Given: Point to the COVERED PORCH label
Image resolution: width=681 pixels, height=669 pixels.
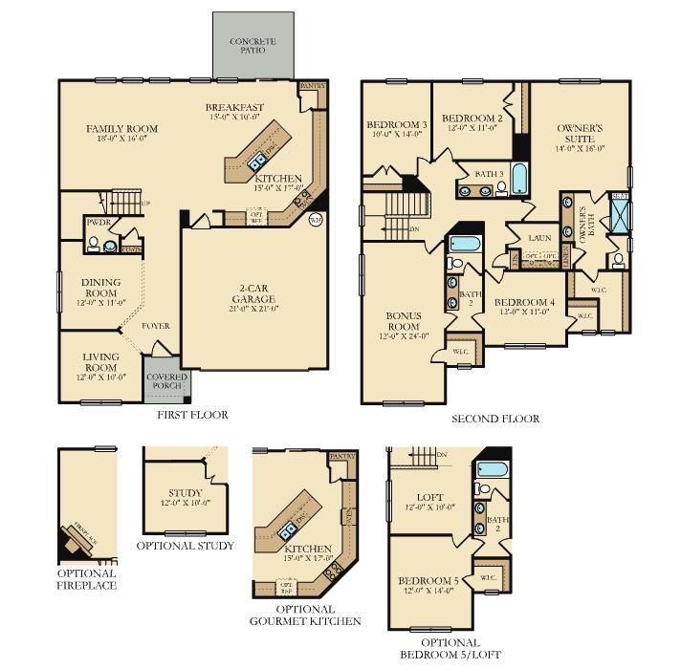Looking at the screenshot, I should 166,381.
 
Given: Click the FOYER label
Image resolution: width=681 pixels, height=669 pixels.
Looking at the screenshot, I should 156,326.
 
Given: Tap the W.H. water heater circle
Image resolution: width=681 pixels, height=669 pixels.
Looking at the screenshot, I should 316,221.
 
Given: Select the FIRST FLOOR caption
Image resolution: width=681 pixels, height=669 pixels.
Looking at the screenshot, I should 192,415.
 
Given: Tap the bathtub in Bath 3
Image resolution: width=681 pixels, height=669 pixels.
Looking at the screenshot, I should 520,178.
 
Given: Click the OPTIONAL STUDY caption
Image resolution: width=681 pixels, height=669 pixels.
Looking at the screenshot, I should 185,545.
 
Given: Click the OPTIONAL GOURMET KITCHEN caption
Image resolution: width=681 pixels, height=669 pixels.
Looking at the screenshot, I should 305,615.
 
